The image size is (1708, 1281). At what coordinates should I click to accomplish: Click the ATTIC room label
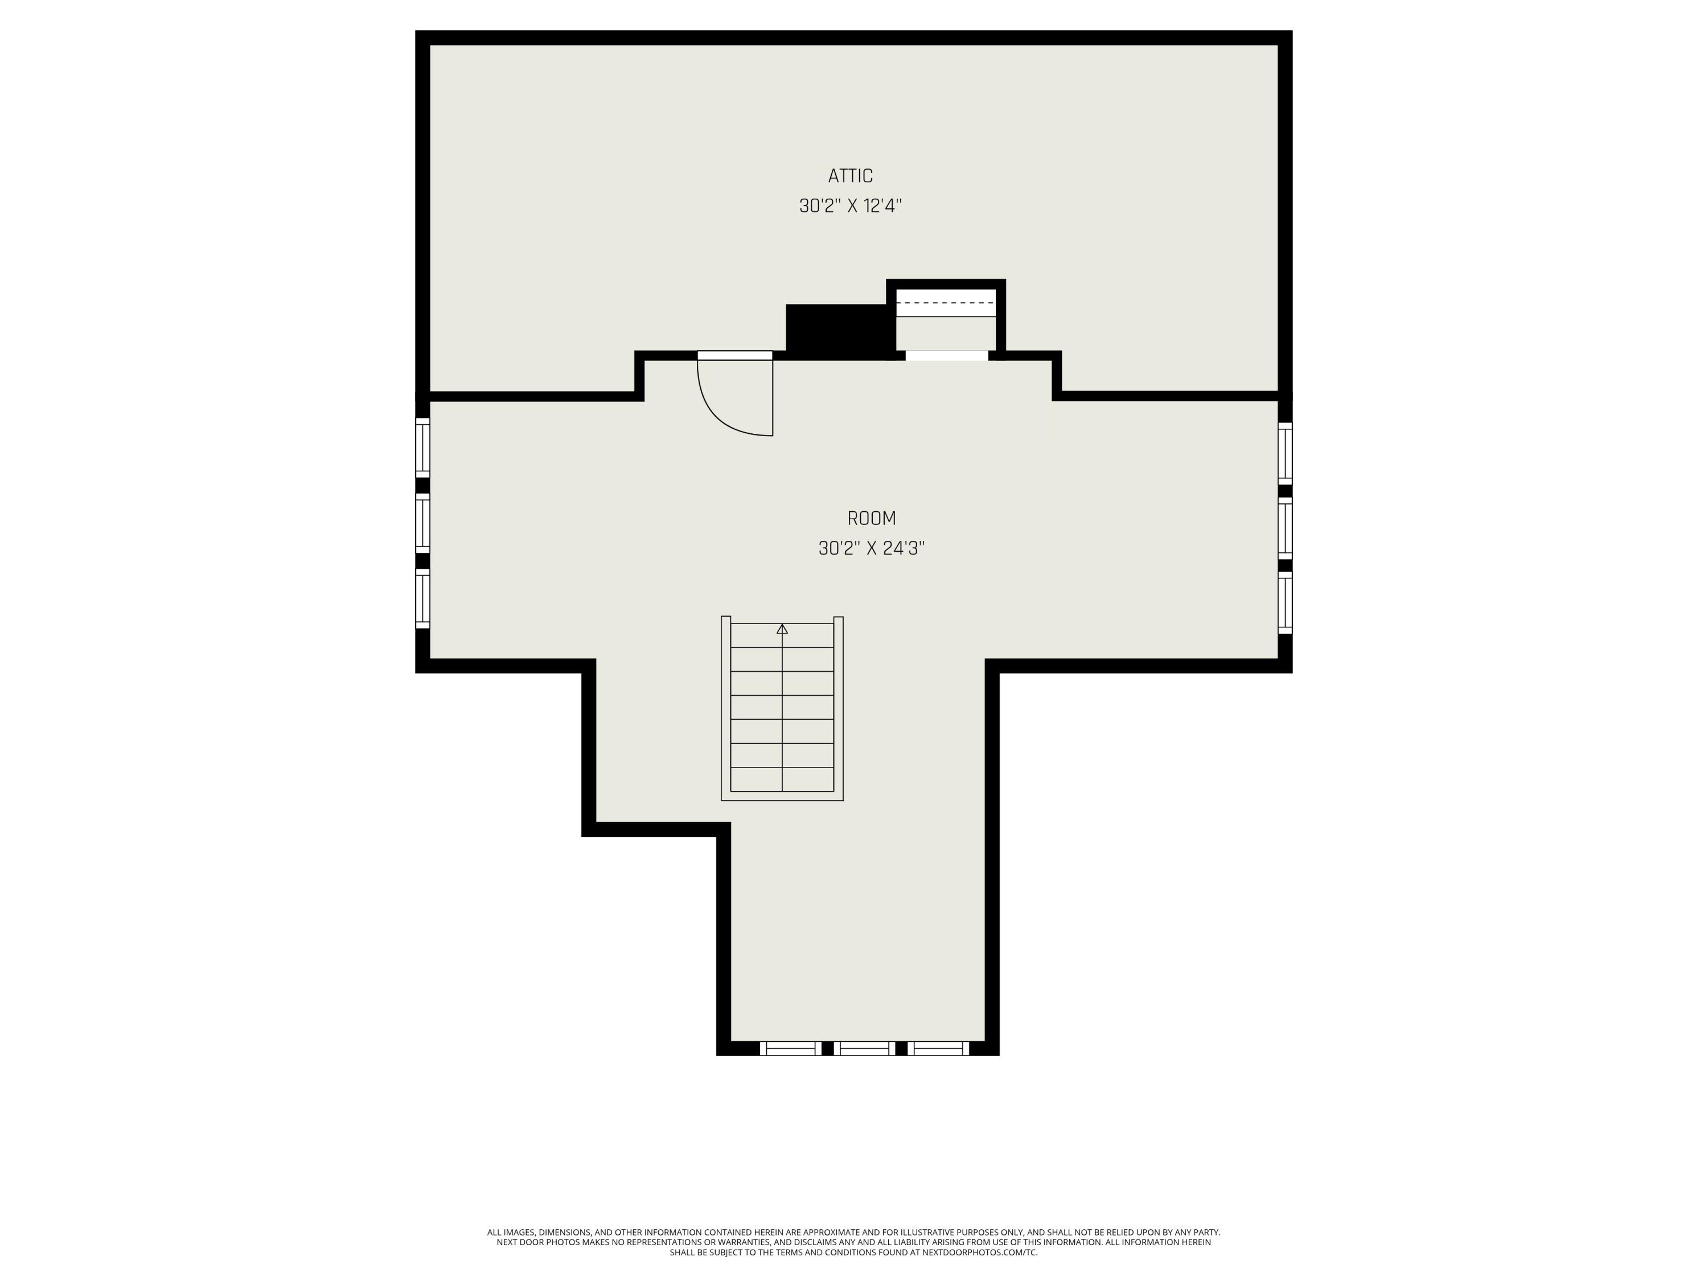850,176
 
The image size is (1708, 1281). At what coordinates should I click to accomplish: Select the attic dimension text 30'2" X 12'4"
850,206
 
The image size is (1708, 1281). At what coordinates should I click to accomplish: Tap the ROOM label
871,518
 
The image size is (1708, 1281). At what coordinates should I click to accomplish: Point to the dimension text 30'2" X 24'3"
871,548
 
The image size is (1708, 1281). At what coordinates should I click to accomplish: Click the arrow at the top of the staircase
782,629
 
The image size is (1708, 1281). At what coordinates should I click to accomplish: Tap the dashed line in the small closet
946,303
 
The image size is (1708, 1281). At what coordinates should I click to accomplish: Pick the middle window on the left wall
422,523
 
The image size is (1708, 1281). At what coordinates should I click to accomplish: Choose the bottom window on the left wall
422,598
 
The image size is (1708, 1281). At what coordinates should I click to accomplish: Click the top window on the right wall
1285,453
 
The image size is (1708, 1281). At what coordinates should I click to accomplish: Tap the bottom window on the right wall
1285,602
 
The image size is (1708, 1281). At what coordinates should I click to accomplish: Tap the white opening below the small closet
947,355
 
